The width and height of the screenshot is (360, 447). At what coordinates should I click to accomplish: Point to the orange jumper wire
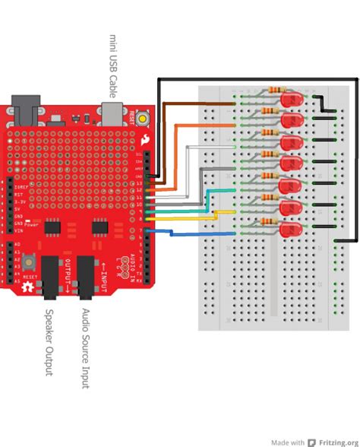[x=176, y=152]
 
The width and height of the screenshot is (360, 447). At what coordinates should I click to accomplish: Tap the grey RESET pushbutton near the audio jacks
[x=27, y=263]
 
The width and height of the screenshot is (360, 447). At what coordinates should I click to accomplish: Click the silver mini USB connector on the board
[x=112, y=113]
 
